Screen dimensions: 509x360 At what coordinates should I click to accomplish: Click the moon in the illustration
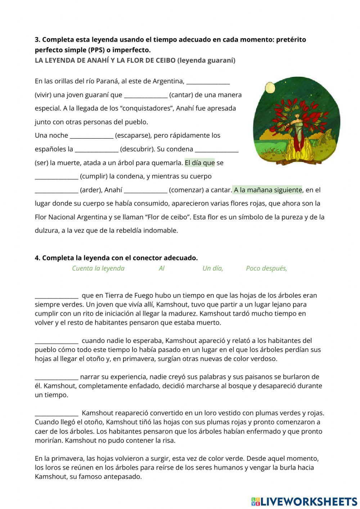pyautogui.click(x=270, y=87)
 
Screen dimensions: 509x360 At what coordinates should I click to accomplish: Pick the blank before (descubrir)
pyautogui.click(x=96, y=149)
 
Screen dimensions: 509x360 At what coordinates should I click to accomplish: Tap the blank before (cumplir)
pyautogui.click(x=57, y=177)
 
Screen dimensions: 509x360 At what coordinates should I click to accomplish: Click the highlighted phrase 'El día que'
pyautogui.click(x=200, y=163)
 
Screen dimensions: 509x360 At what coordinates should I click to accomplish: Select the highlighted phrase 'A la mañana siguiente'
pyautogui.click(x=267, y=190)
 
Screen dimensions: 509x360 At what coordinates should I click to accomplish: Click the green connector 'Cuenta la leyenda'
pyautogui.click(x=98, y=268)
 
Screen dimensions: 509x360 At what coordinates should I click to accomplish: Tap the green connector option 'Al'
pyautogui.click(x=162, y=268)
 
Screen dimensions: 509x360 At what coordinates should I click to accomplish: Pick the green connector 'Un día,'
pyautogui.click(x=213, y=268)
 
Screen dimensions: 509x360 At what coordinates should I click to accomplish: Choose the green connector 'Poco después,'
pyautogui.click(x=266, y=268)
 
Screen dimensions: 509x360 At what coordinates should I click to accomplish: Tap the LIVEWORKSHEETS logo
pyautogui.click(x=304, y=501)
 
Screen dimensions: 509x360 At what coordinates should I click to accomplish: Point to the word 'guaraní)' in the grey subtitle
pyautogui.click(x=222, y=61)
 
